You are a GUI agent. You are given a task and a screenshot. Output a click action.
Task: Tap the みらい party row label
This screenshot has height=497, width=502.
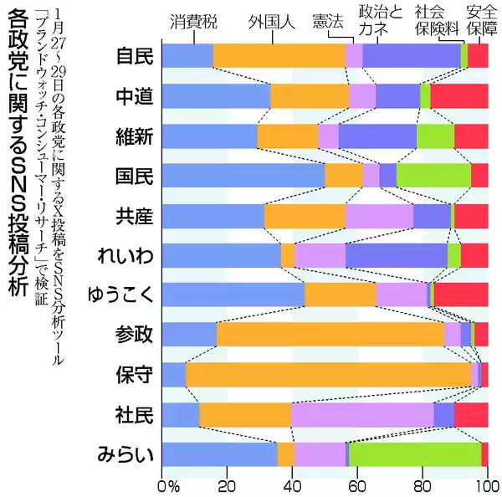[125, 454]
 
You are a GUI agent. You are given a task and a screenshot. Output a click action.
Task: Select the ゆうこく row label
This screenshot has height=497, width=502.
[120, 295]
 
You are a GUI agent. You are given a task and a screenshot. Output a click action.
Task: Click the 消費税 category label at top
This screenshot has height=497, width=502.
[192, 20]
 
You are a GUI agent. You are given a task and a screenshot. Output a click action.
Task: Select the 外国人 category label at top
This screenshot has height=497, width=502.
[272, 20]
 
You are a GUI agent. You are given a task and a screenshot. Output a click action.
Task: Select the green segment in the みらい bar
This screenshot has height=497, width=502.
[415, 454]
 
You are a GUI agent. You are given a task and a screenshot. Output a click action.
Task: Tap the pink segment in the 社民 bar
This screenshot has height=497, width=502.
[362, 414]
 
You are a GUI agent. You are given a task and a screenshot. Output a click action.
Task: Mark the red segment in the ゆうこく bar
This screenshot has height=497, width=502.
[461, 295]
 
